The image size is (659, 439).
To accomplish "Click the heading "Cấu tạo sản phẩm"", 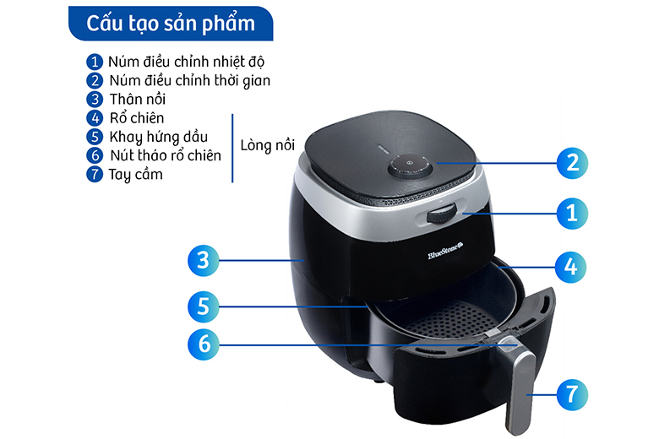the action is point(170,24).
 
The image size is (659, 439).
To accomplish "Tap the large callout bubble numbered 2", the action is point(572,163).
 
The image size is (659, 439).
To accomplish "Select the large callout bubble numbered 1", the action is point(572,214).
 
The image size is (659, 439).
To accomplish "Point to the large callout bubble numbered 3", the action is point(204,261).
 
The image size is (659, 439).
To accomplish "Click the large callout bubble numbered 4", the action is point(570,267).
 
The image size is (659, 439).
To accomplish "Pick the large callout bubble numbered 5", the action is point(204,306).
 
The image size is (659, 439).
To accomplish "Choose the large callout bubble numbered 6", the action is point(204,344).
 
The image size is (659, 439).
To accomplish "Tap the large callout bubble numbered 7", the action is point(572,394).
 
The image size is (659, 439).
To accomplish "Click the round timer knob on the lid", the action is point(410,167).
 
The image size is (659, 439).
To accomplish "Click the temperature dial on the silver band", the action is point(443,214).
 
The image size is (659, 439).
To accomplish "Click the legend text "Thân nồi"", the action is point(138,99).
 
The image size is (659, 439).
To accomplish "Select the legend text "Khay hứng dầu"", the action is point(159,137).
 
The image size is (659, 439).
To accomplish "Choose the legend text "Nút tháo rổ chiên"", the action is point(166,155).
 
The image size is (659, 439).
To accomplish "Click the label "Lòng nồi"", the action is point(267,145).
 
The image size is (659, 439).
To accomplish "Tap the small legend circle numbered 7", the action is point(95,174).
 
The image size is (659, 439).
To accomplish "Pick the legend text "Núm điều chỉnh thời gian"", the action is point(189,80).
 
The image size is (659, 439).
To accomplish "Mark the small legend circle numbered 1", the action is point(95,62).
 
